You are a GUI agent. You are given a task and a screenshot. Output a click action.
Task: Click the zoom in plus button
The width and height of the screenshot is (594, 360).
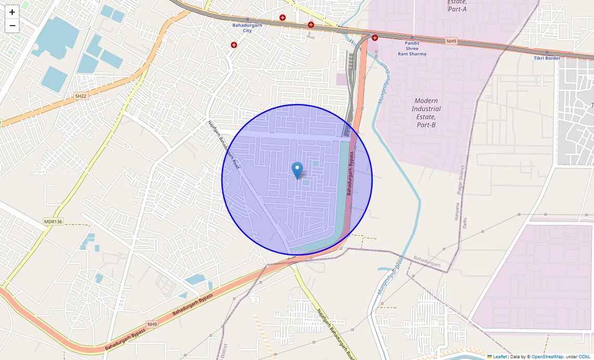[x=12, y=12]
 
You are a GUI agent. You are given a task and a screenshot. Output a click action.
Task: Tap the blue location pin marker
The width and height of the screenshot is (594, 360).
[x=297, y=170]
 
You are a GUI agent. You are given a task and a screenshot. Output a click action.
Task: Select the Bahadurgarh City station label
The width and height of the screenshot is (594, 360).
[x=247, y=28]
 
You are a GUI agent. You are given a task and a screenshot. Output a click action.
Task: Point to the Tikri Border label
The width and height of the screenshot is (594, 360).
[x=547, y=58]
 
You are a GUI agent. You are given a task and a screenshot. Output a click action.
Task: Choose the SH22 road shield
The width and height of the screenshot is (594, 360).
[x=80, y=96]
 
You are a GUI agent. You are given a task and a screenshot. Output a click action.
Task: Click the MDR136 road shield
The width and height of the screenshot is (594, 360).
[x=53, y=221]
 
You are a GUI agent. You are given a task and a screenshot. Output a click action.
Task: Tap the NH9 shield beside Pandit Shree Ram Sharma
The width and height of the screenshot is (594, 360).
[x=451, y=41]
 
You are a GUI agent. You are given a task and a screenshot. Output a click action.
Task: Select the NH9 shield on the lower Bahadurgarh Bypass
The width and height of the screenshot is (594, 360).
[x=152, y=324]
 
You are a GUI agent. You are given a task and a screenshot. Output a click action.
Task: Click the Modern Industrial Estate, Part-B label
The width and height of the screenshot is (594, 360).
[x=426, y=113]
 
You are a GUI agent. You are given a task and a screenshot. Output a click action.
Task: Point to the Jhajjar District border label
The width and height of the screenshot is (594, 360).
[x=461, y=180]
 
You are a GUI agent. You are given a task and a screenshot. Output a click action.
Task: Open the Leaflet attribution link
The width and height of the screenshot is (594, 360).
[x=499, y=357]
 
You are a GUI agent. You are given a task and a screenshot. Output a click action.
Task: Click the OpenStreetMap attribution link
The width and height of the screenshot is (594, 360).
[x=547, y=357]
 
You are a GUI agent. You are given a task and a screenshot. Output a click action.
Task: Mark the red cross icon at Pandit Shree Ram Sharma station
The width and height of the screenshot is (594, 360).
[x=375, y=38]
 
